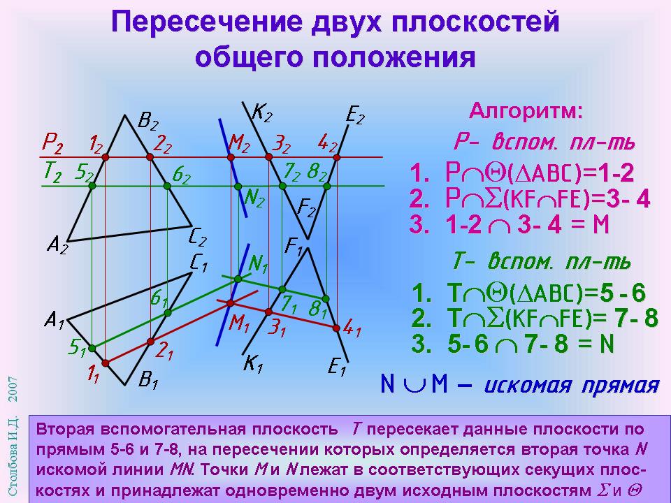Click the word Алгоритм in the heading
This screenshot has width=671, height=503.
click(526, 112)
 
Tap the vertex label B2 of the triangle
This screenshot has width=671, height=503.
click(148, 121)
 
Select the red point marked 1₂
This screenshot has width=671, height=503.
click(106, 157)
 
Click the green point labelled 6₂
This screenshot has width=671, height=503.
click(167, 186)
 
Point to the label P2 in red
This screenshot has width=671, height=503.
click(52, 144)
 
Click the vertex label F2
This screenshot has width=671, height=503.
click(306, 209)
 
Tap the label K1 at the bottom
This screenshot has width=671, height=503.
click(253, 365)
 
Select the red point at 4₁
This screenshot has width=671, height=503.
click(336, 328)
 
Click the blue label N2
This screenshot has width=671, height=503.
click(254, 198)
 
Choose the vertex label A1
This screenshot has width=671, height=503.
click(55, 320)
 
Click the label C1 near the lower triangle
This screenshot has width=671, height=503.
click(199, 264)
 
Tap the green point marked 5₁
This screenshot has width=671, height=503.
click(92, 349)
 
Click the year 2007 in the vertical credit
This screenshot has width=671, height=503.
click(13, 389)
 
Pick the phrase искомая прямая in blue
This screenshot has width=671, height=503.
click(572, 384)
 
